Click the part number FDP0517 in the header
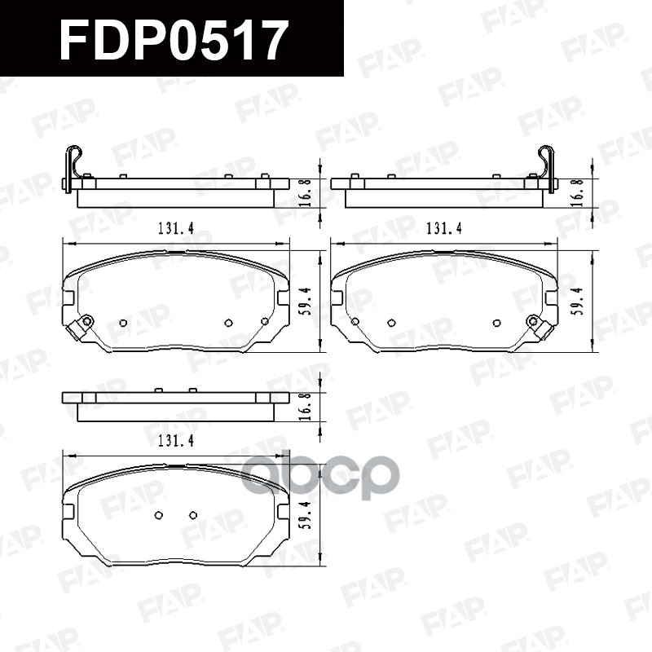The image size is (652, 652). [x=174, y=40]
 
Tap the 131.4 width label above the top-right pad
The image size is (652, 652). [x=443, y=229]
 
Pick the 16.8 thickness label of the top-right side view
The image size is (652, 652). [x=576, y=192]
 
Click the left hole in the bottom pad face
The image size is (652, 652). [x=159, y=515]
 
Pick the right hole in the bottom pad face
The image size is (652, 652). [x=193, y=515]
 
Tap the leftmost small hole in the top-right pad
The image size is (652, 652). [x=354, y=322]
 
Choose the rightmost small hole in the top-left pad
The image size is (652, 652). [x=265, y=322]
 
